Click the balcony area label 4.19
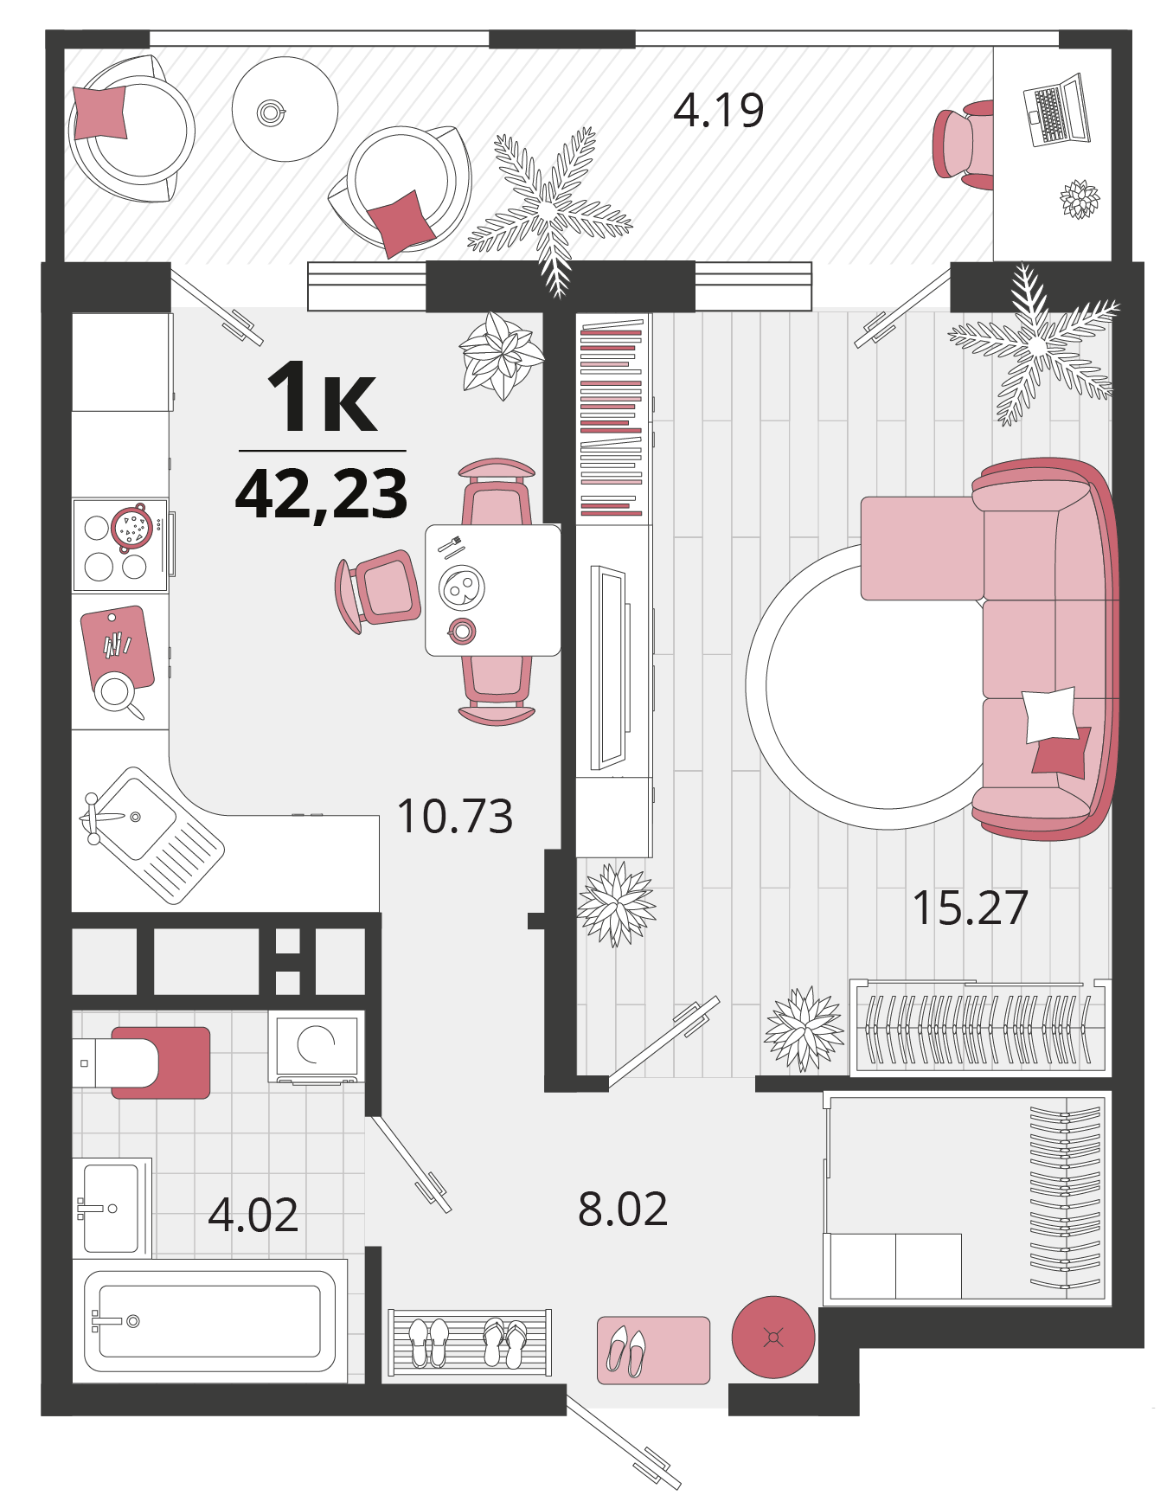click(x=718, y=111)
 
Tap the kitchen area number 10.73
click(x=455, y=816)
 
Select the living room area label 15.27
click(x=971, y=908)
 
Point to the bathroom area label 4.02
click(x=253, y=1215)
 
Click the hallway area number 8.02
click(x=623, y=1209)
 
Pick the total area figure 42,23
click(x=322, y=494)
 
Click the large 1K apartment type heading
click(x=322, y=396)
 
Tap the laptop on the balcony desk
click(x=1056, y=111)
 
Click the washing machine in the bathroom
click(x=316, y=1046)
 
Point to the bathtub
click(x=209, y=1320)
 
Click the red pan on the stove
click(x=132, y=527)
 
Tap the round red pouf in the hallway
click(x=773, y=1337)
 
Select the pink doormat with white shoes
click(x=653, y=1351)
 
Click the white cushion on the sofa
click(x=1050, y=715)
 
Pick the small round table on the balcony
click(x=285, y=109)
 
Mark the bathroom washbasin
click(x=112, y=1208)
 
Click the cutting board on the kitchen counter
click(x=118, y=647)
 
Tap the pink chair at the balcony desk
click(x=963, y=144)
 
